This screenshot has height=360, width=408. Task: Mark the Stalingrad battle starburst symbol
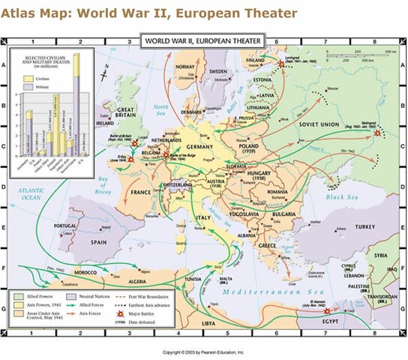(379, 133)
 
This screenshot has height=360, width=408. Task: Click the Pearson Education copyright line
(203, 350)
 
